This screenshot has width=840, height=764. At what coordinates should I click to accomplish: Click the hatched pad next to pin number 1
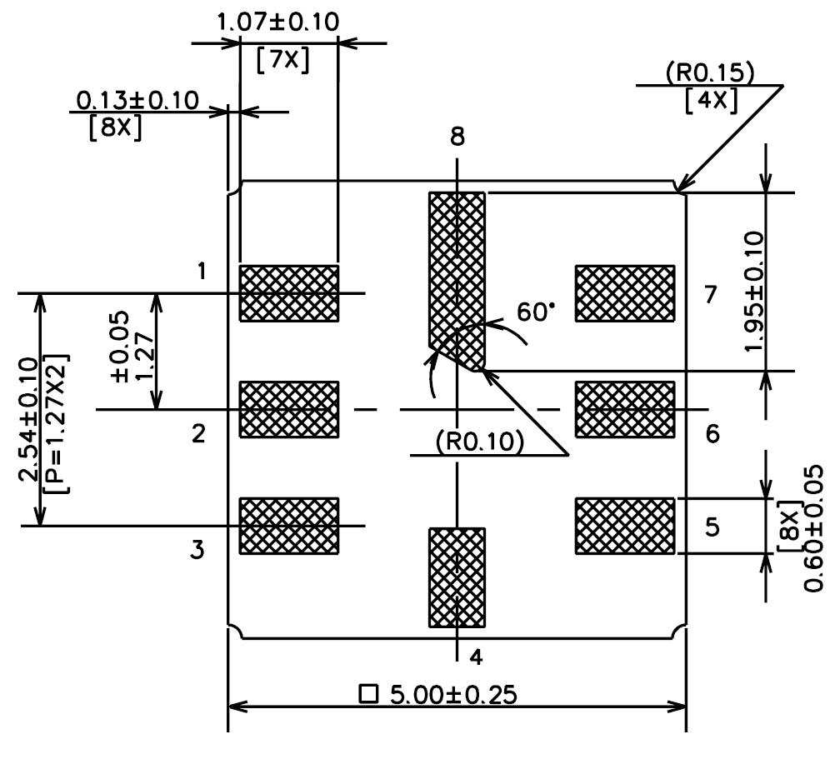(289, 293)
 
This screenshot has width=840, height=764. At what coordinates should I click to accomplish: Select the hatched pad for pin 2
(289, 409)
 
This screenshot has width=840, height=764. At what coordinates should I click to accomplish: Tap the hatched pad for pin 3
(289, 526)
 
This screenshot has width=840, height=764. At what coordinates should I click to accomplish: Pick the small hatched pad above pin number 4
(456, 577)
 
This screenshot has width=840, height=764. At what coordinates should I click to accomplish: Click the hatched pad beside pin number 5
(624, 526)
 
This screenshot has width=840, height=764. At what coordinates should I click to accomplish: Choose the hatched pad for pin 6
(624, 409)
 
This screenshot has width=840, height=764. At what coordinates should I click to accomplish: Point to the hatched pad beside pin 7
(624, 293)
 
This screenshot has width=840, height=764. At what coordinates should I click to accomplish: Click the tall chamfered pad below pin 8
(456, 267)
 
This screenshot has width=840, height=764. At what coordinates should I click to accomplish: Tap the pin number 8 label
(457, 137)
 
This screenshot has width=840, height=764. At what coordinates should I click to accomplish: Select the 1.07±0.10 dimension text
(277, 22)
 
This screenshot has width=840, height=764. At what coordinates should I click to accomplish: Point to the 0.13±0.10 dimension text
(137, 101)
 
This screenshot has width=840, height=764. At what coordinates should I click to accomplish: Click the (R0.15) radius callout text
(710, 73)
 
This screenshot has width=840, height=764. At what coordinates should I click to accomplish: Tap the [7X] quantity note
(282, 62)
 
